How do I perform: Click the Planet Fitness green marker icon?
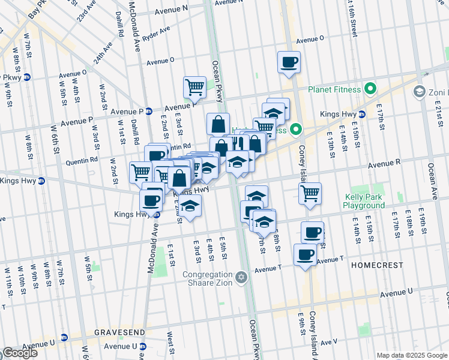click(x=370, y=90)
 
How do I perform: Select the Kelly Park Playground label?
click(x=364, y=201)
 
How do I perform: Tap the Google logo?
click(x=20, y=353)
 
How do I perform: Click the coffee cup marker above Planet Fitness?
click(x=289, y=62)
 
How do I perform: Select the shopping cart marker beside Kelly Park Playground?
click(x=310, y=194)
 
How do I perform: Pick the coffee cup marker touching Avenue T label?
click(x=305, y=255)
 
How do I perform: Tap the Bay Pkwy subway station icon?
click(x=28, y=77)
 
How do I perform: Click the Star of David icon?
click(x=241, y=277)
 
